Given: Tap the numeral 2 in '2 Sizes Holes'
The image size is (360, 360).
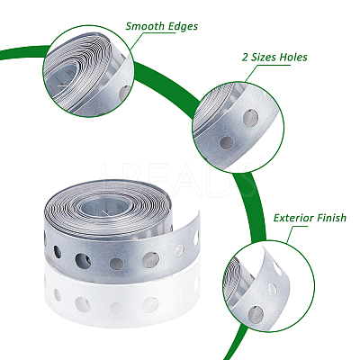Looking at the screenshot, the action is [x=245, y=57].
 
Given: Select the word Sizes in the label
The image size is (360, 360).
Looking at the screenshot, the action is [x=263, y=57].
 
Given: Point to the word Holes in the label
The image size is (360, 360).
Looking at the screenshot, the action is [x=293, y=57].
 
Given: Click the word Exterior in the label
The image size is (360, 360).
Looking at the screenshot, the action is [x=293, y=218].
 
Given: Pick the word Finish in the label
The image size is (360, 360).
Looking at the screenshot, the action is [x=332, y=218].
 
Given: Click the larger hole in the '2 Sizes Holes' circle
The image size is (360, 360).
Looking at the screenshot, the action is [x=250, y=117].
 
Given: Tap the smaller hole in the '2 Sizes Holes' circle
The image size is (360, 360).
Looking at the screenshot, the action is [x=227, y=143].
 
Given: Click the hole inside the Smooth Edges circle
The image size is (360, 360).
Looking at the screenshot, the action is [x=125, y=93].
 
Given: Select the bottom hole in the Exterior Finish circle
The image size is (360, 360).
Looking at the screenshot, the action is [x=256, y=315].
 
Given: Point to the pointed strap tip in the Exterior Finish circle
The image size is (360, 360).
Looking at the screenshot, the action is [x=264, y=248].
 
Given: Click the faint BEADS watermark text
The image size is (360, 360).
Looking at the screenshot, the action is [x=179, y=179].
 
